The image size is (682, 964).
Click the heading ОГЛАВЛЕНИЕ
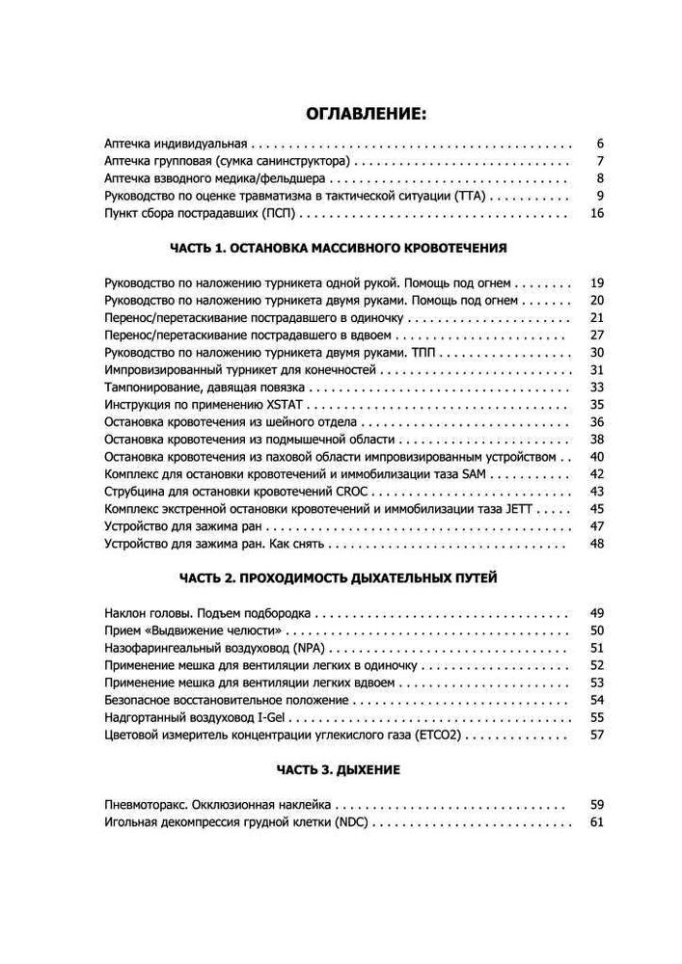pyautogui.click(x=365, y=115)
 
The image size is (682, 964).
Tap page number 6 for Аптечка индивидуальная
pyautogui.click(x=599, y=143)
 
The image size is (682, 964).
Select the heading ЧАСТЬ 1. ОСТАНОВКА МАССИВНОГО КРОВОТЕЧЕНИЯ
pyautogui.click(x=339, y=248)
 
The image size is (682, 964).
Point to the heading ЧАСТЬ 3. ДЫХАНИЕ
pyautogui.click(x=339, y=770)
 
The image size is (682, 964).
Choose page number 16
pyautogui.click(x=595, y=213)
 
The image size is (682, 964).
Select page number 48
pyautogui.click(x=595, y=545)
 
